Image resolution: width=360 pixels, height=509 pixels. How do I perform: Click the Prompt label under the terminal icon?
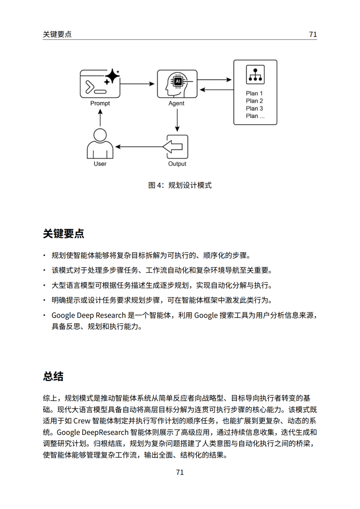(100, 103)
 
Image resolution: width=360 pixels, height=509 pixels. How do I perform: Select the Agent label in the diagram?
(176, 103)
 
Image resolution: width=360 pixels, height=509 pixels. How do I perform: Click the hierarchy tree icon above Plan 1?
(255, 75)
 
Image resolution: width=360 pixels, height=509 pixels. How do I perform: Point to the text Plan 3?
(254, 108)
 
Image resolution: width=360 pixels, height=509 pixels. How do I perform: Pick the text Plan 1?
(254, 93)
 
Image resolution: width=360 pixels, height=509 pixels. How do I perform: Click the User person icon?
(100, 143)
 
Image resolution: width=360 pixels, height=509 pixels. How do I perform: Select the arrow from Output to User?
(139, 147)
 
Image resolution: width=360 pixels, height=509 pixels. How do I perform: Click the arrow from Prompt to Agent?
(137, 84)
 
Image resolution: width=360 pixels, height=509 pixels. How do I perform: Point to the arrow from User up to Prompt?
(100, 118)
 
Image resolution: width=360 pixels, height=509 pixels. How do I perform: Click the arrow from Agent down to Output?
(177, 120)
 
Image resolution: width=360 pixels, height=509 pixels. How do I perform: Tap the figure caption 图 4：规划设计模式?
(180, 185)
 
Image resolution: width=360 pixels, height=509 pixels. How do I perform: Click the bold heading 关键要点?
(64, 234)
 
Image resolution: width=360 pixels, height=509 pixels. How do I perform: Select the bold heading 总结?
(53, 376)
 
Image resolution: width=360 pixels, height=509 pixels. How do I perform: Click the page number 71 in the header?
(313, 34)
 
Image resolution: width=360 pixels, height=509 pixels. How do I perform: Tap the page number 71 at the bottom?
(180, 472)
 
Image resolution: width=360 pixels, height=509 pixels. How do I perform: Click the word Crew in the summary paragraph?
(82, 421)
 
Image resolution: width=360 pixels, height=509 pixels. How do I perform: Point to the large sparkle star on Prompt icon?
(112, 76)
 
